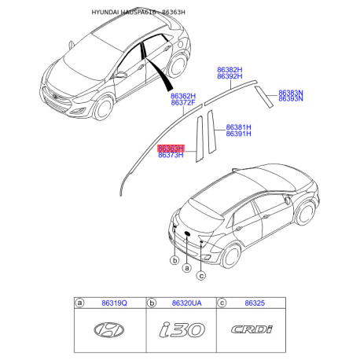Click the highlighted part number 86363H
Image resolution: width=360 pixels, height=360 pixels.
pyautogui.click(x=171, y=148)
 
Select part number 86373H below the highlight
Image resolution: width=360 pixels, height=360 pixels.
pyautogui.click(x=171, y=156)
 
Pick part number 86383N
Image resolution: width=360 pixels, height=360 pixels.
pyautogui.click(x=291, y=92)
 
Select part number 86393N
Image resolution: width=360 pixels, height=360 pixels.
pyautogui.click(x=291, y=100)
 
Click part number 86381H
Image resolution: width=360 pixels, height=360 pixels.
pyautogui.click(x=238, y=127)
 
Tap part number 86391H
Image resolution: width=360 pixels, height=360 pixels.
pyautogui.click(x=238, y=134)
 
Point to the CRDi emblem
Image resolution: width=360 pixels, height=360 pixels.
pyautogui.click(x=249, y=330)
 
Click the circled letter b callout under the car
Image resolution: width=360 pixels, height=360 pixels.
pyautogui.click(x=174, y=259)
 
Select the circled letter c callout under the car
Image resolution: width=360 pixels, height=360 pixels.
pyautogui.click(x=201, y=275)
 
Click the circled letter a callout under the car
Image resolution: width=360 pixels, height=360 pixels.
pyautogui.click(x=187, y=268)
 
